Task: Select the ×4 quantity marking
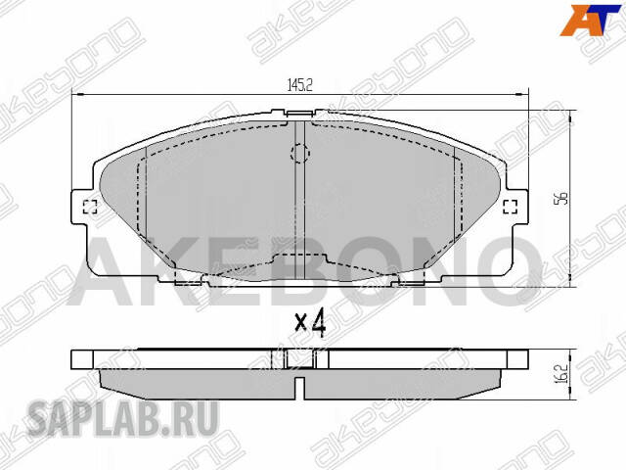point(309,322)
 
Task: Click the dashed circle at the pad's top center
point(300,154)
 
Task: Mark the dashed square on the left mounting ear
point(89,207)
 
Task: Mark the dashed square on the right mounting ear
point(510,206)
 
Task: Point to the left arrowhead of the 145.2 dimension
point(78,95)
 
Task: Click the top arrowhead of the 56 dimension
point(571,110)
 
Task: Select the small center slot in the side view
point(300,359)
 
